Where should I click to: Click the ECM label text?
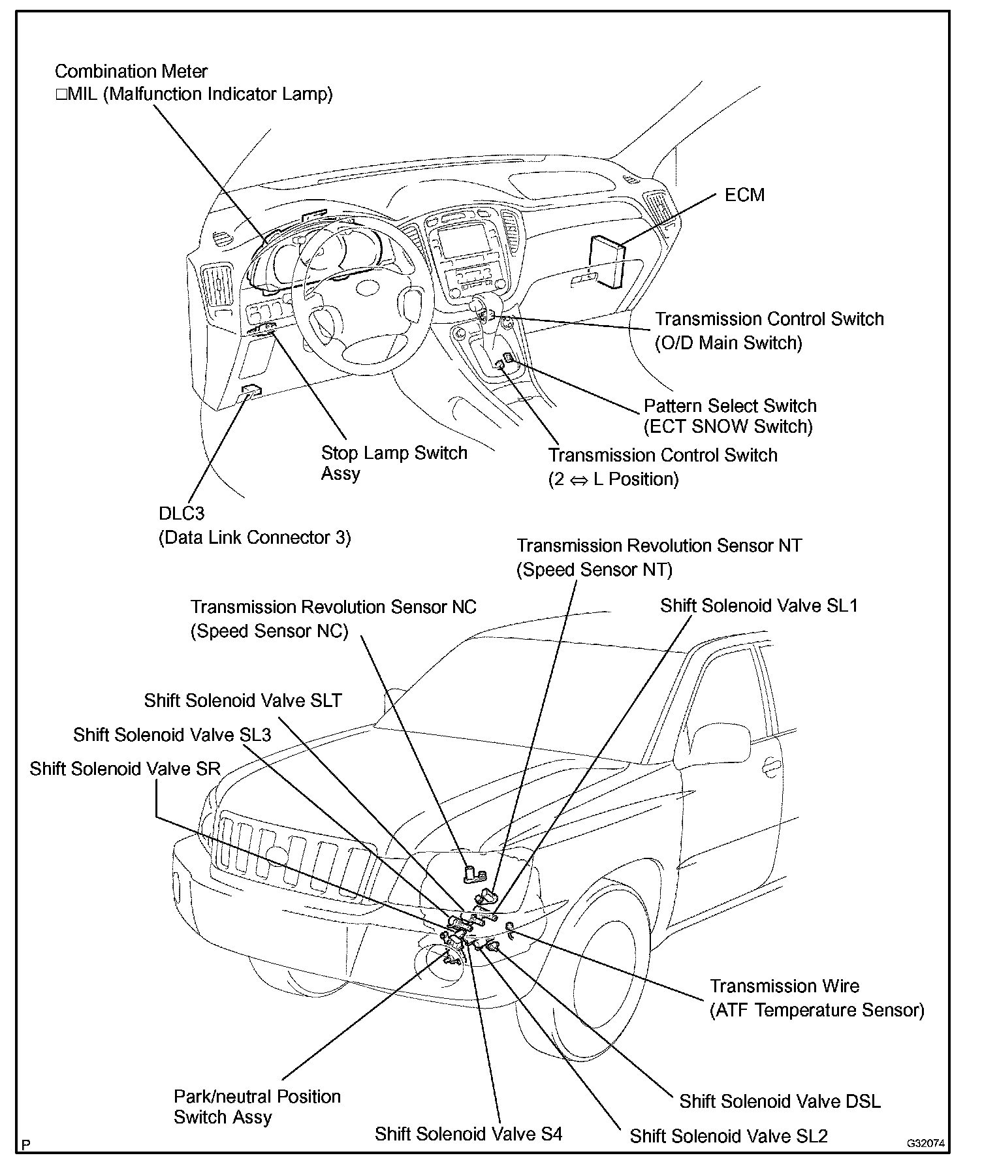(744, 195)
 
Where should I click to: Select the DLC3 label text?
(182, 514)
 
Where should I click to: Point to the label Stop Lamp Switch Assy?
(394, 463)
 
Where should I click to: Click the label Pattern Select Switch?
(730, 405)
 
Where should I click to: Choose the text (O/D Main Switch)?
(728, 343)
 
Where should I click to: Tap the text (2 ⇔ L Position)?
(613, 479)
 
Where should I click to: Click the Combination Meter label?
(131, 71)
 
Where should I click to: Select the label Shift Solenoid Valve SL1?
(759, 605)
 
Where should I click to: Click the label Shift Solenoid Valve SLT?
(243, 700)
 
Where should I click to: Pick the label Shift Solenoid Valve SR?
(125, 768)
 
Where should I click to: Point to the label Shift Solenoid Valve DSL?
(780, 1101)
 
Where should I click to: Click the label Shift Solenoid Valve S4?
(468, 1134)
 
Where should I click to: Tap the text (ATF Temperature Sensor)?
(817, 1010)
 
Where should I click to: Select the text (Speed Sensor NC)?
(269, 631)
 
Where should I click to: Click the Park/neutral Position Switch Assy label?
(257, 1106)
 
